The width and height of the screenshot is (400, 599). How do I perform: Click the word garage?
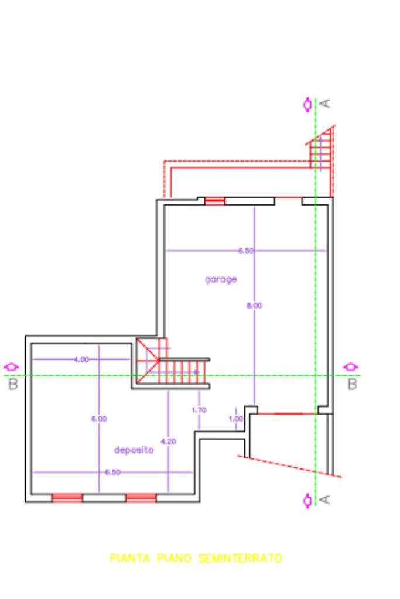[221, 279]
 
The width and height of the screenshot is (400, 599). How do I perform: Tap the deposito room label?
[134, 450]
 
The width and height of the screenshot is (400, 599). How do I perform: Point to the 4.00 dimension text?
[81, 359]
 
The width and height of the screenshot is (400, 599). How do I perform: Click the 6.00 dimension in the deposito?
[99, 419]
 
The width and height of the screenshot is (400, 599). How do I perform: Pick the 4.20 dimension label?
[167, 441]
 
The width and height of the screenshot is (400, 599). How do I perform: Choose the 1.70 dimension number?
[199, 410]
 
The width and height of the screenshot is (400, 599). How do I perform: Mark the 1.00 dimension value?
[235, 419]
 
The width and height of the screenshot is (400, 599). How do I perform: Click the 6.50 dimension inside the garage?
[246, 251]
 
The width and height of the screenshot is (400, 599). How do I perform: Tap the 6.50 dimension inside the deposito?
[113, 472]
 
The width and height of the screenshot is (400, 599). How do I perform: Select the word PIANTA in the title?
[129, 559]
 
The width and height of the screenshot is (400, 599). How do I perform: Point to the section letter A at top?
[326, 103]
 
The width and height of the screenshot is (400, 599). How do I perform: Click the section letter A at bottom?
[326, 499]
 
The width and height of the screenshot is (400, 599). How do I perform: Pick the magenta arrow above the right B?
[351, 367]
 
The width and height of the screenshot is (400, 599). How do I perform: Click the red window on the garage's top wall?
[215, 201]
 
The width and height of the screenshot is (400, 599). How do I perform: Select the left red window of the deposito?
[67, 498]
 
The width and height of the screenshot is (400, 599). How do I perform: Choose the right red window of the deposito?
[141, 498]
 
